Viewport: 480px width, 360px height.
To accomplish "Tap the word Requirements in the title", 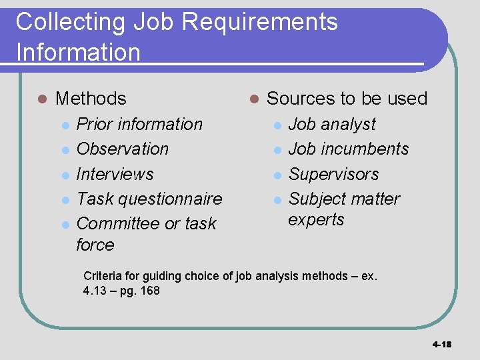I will click(259, 23).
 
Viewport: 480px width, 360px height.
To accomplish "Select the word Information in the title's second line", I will click(78, 52).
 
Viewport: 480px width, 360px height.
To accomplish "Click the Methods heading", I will click(91, 99).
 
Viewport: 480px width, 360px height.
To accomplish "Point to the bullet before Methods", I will click(42, 99).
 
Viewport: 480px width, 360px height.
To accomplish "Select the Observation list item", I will click(123, 149).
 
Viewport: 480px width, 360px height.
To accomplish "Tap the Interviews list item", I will click(115, 174).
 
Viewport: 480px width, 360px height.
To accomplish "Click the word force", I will click(95, 245).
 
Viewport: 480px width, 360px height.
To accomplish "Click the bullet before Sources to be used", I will click(253, 99).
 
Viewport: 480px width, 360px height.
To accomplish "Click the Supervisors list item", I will click(333, 174).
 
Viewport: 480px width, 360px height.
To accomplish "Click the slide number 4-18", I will click(441, 345).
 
